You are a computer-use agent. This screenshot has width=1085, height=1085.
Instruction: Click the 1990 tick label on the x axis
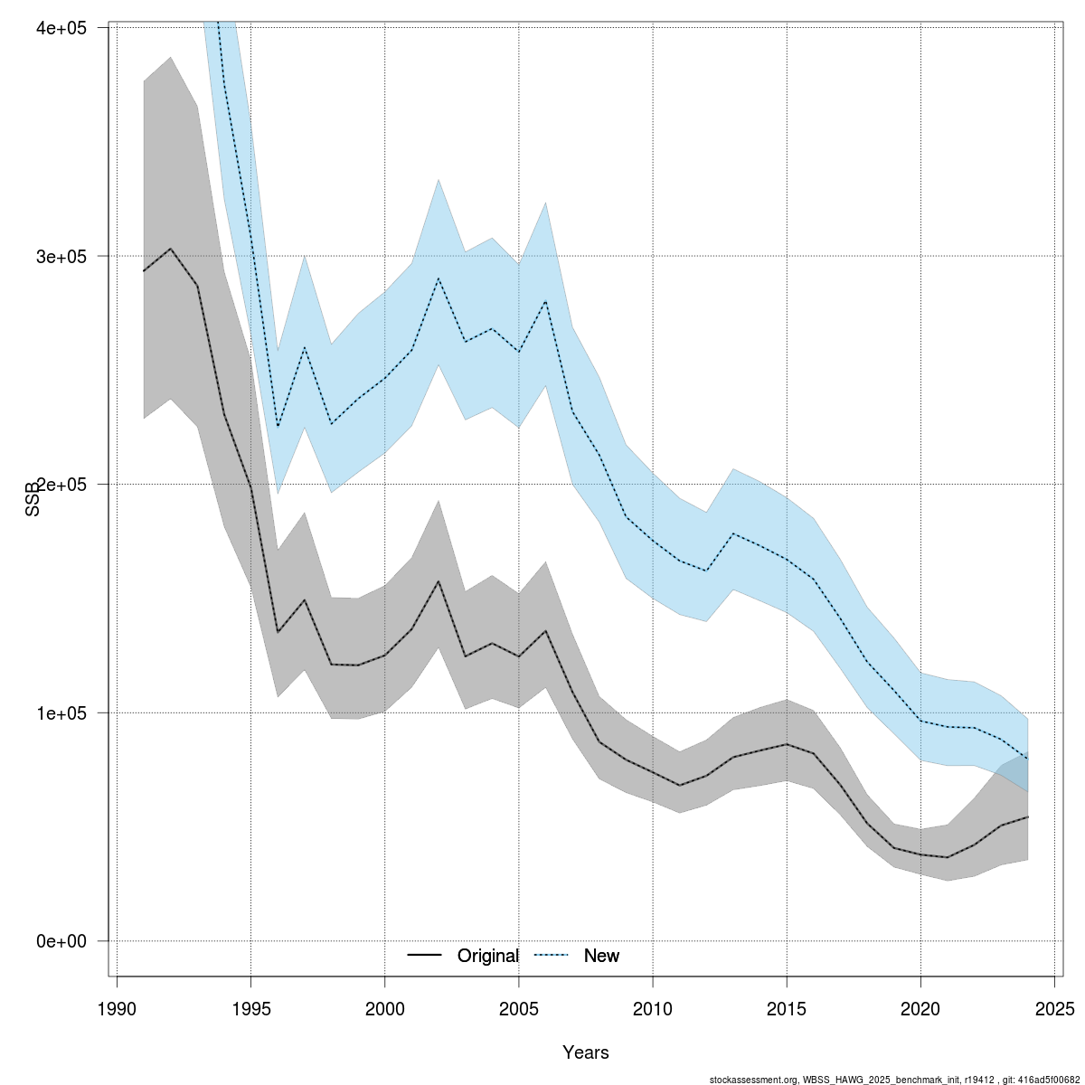118,1008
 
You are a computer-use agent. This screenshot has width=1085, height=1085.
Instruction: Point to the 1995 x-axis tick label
251,1008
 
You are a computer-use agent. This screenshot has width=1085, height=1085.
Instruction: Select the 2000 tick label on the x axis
385,1008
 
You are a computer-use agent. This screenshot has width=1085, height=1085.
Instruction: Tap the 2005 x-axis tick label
519,1008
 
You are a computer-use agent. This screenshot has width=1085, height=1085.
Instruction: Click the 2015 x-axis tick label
787,1008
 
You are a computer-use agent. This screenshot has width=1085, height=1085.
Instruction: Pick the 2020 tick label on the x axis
920,1008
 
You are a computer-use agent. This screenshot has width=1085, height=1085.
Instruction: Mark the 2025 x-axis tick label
1054,1008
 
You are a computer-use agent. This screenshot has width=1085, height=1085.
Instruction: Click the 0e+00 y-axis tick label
61,941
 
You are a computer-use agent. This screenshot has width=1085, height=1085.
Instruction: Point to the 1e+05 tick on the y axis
61,712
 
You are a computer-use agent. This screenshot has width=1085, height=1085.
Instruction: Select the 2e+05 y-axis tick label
61,485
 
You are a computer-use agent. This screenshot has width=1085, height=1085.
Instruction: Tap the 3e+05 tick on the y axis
61,256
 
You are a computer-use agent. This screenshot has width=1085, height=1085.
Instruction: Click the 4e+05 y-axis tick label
61,28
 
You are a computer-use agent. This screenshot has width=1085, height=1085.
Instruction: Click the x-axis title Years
586,1052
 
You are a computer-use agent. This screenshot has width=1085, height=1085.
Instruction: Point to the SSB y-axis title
33,500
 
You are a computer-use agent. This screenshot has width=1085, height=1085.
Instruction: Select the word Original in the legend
488,956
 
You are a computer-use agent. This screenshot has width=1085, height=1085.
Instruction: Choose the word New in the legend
601,956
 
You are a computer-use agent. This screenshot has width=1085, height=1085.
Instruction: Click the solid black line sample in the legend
424,956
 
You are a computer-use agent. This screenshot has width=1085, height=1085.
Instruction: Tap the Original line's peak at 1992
171,249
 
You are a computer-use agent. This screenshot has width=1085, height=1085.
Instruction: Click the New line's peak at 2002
439,278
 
